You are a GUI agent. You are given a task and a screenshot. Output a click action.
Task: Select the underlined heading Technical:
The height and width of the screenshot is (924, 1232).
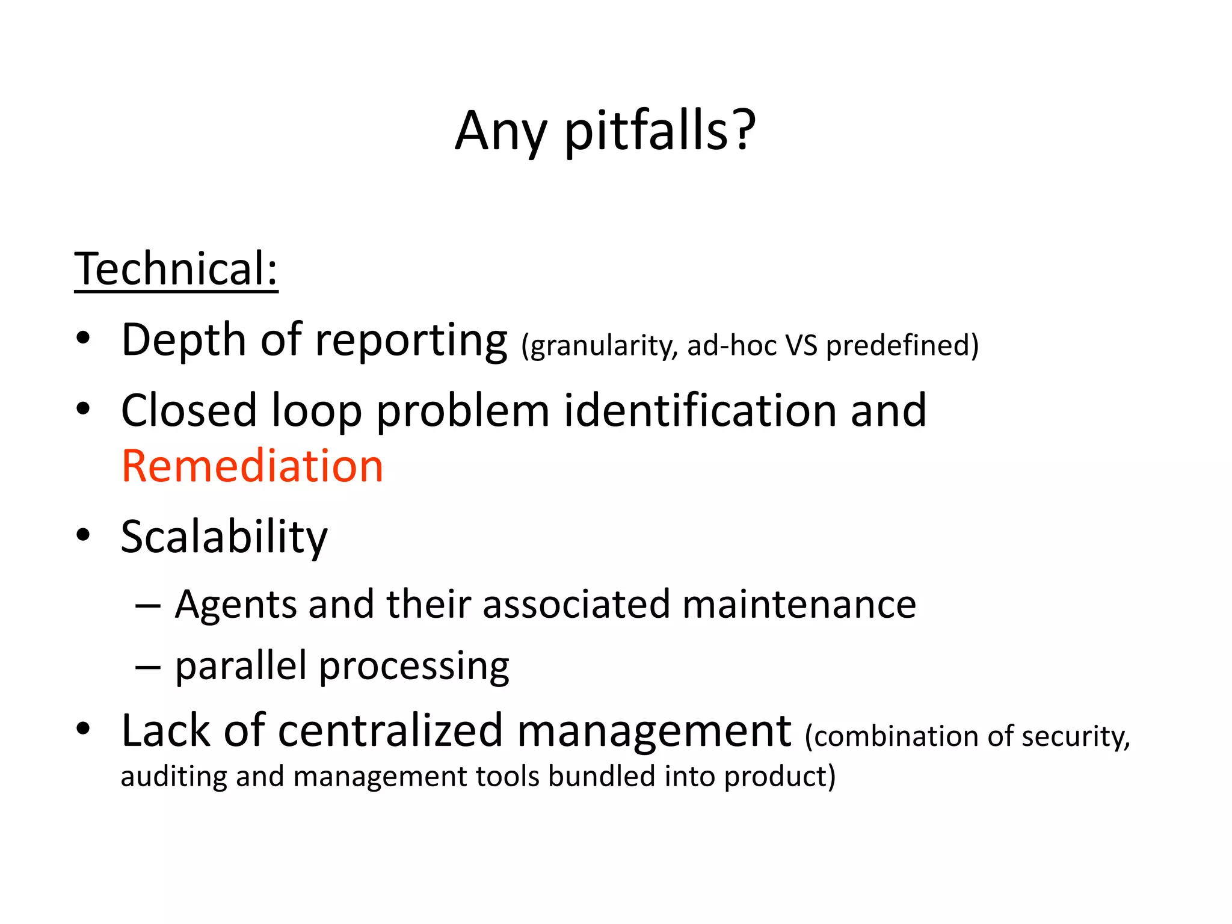[x=176, y=269]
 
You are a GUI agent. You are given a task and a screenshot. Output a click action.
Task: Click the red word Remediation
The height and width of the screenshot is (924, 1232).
[x=252, y=466]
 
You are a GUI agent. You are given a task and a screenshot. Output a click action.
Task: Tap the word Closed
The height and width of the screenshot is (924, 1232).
[x=189, y=411]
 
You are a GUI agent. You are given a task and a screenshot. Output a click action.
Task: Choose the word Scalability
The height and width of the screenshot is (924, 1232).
[x=224, y=537]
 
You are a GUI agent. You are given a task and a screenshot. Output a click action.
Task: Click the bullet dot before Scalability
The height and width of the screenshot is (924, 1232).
[x=83, y=535]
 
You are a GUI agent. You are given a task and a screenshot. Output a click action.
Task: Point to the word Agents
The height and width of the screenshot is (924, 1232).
[x=235, y=605]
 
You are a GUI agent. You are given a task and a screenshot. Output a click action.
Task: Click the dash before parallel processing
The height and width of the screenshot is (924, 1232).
[x=147, y=667]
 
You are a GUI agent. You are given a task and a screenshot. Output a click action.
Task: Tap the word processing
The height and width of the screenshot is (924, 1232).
[x=414, y=667]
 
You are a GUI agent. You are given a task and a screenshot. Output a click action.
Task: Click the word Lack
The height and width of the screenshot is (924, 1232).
[x=165, y=731]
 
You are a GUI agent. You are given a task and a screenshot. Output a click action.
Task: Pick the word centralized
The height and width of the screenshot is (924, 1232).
[x=390, y=731]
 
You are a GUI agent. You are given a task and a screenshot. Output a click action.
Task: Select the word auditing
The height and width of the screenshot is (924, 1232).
[x=173, y=777]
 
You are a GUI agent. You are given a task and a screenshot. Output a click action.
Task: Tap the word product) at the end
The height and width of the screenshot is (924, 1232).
[x=780, y=777]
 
